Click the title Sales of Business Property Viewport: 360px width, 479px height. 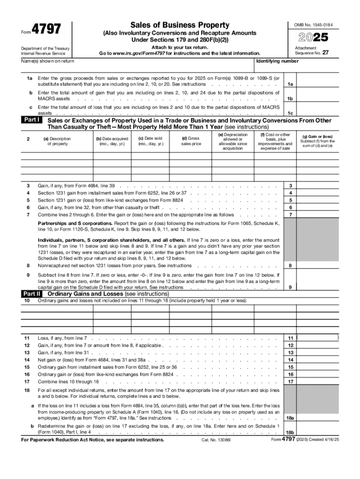[x=180, y=25]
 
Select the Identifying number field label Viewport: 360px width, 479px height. [x=277, y=61]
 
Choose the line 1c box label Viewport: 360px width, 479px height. [x=290, y=113]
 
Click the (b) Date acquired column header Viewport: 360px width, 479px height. [x=112, y=141]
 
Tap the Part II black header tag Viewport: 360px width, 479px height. [x=33, y=293]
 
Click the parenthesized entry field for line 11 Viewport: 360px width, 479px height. [x=318, y=337]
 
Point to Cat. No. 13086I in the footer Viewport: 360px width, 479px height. [x=216, y=440]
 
